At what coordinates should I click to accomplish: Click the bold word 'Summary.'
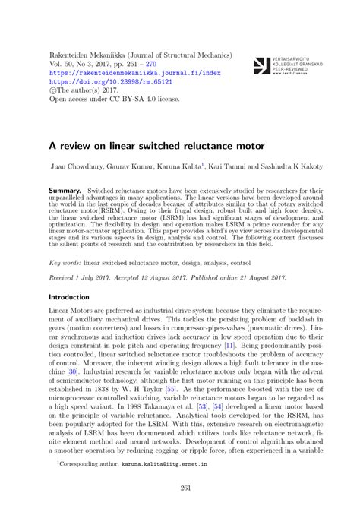pos(65,186)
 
